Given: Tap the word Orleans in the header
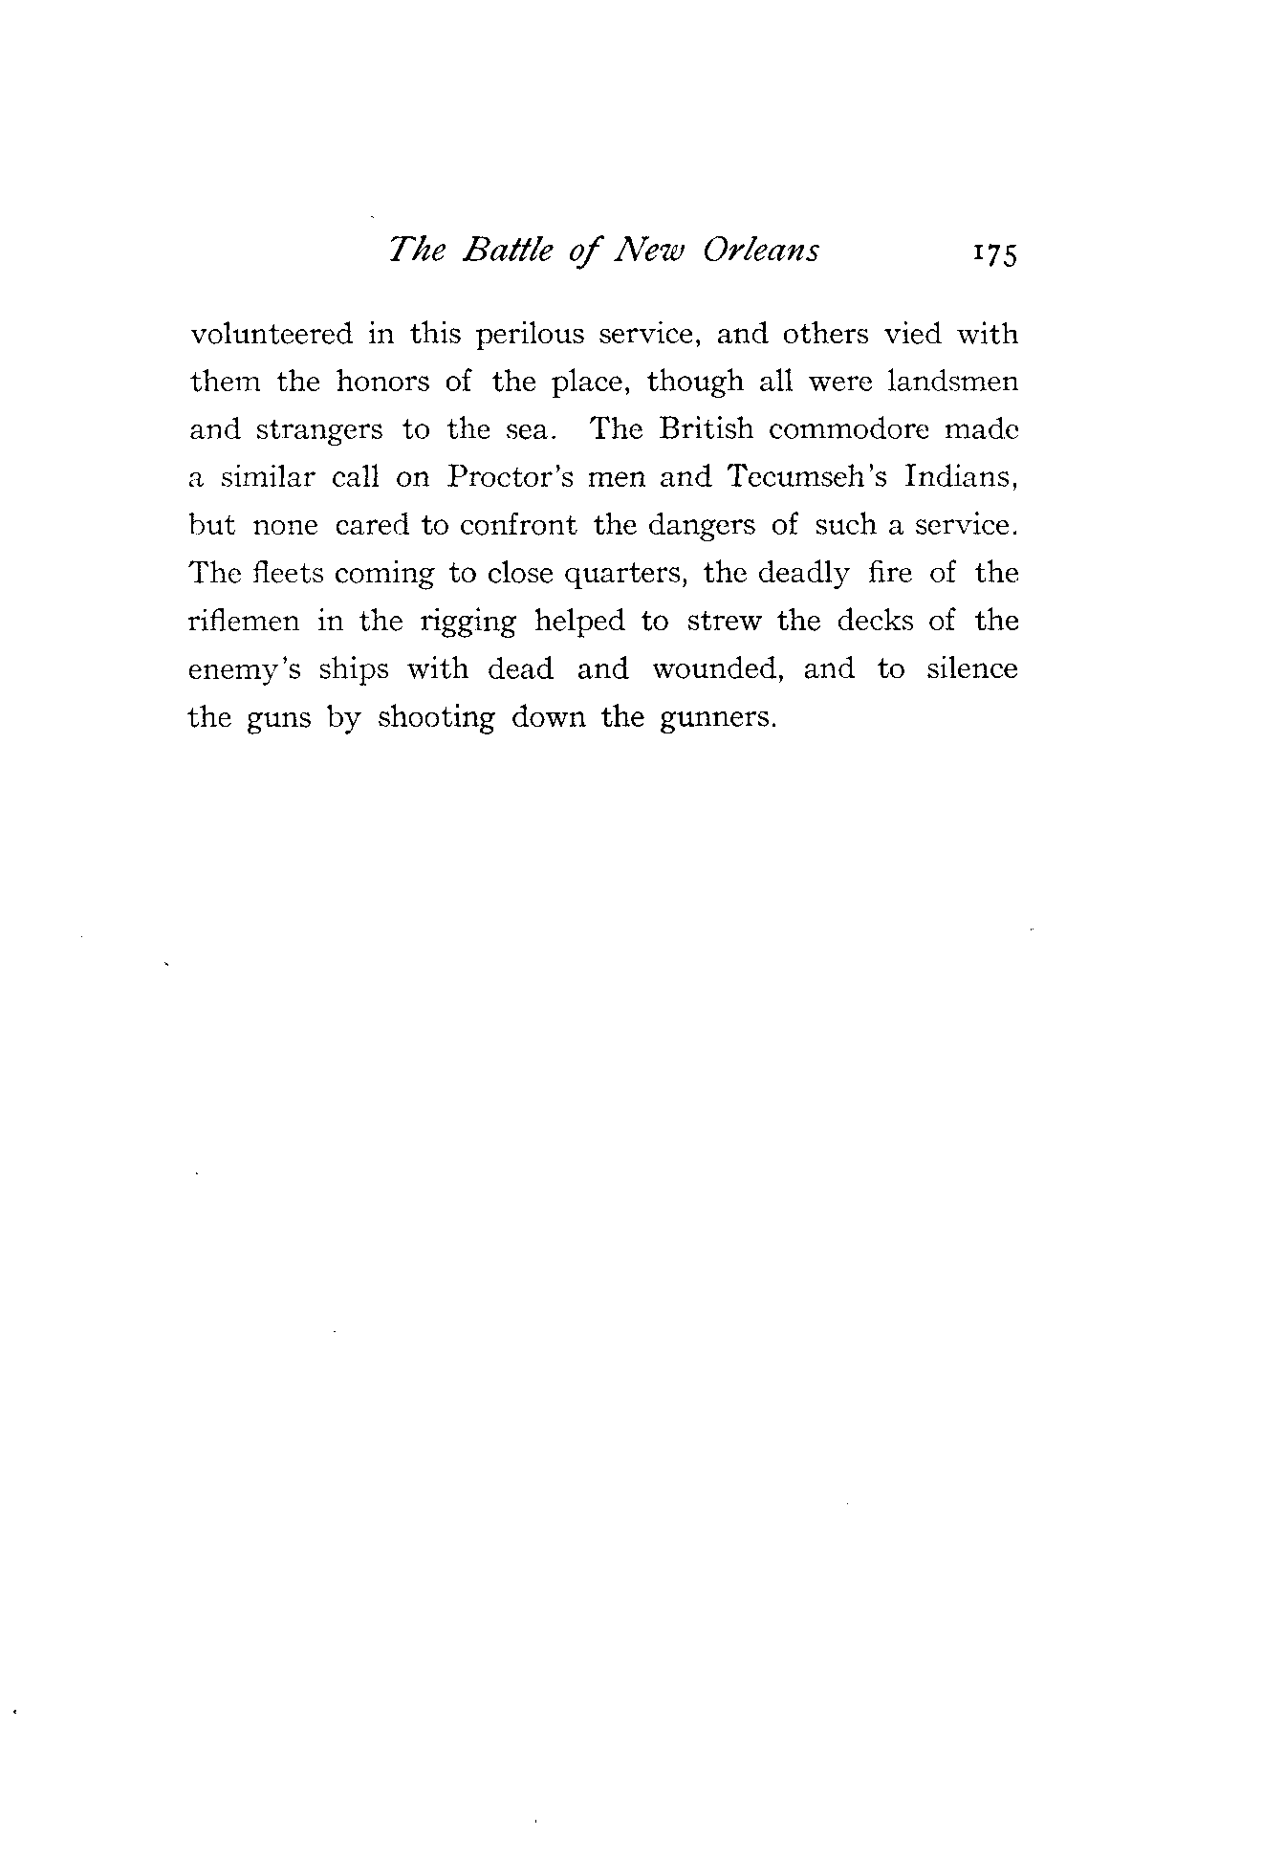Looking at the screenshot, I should coord(761,250).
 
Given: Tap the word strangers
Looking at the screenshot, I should coord(318,431).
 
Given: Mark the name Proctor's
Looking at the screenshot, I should coord(511,477).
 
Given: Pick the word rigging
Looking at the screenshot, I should coord(468,623).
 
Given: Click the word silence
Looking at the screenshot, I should coord(971,668).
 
